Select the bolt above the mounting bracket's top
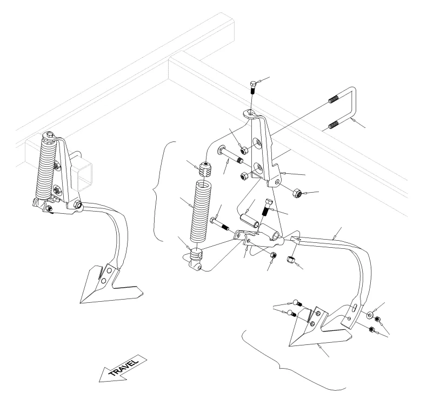point(252,88)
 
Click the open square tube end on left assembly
point(84,177)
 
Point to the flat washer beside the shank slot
point(370,315)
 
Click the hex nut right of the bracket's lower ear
point(297,193)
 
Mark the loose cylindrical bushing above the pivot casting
point(249,221)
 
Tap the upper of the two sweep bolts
point(297,303)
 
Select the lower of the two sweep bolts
point(292,313)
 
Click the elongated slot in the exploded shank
point(354,308)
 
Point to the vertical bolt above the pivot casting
point(267,207)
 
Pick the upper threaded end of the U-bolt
point(334,99)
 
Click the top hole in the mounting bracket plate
point(257,142)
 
